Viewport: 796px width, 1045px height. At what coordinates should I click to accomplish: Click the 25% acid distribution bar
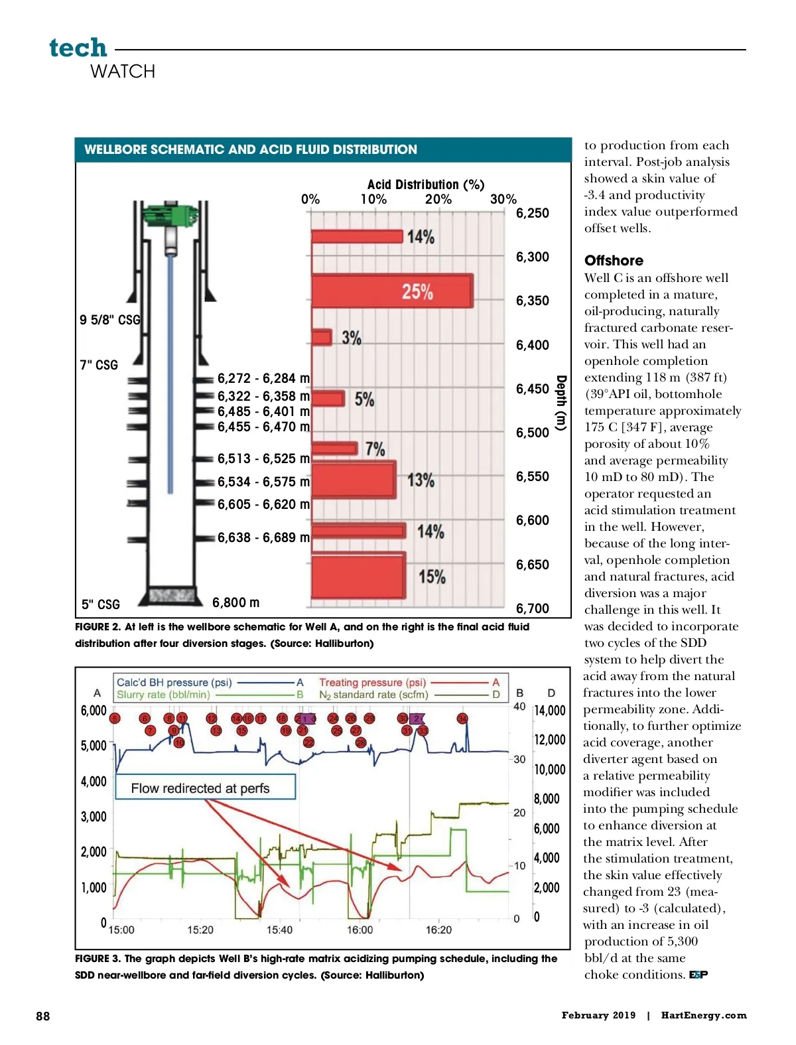392,291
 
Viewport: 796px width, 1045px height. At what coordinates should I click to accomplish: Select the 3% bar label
352,338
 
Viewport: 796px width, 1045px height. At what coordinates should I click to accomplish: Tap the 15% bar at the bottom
358,576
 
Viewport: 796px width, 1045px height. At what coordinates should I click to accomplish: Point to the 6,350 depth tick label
533,301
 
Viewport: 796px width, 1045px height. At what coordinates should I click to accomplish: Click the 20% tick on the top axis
438,199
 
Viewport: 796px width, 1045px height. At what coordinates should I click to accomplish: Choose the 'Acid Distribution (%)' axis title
426,184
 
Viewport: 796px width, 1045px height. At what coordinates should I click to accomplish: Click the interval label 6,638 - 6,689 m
263,537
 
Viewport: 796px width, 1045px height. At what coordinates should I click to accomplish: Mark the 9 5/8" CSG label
110,320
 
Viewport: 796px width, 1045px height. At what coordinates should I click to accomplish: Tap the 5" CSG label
101,604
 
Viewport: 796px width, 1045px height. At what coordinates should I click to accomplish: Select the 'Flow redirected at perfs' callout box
205,788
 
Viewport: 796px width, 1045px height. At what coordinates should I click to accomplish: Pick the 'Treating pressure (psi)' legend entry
372,682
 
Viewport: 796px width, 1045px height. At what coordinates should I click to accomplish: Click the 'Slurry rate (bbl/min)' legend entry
163,695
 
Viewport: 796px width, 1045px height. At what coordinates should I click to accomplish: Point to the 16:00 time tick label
360,930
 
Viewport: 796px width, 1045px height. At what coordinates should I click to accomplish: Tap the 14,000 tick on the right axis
550,711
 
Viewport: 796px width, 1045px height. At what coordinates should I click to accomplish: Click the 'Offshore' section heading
614,260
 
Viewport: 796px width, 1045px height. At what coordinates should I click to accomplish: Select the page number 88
42,1016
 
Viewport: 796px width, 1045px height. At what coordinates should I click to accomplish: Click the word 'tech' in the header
78,48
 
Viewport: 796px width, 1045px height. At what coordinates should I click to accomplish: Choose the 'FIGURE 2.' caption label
98,626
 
